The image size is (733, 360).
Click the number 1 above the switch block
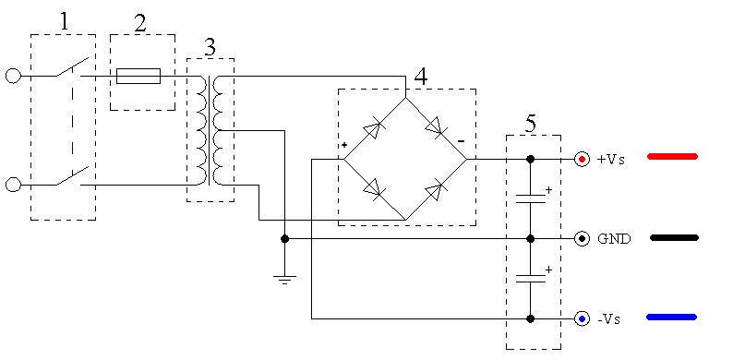pyautogui.click(x=64, y=21)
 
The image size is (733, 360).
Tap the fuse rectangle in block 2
pyautogui.click(x=138, y=76)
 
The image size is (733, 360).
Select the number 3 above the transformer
pyautogui.click(x=210, y=47)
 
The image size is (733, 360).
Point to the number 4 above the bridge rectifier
pyautogui.click(x=421, y=77)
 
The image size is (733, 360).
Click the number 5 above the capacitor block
pyautogui.click(x=531, y=124)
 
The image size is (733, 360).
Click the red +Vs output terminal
pyautogui.click(x=582, y=160)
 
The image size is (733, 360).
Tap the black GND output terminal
pyautogui.click(x=582, y=239)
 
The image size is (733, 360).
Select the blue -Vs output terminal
pyautogui.click(x=582, y=318)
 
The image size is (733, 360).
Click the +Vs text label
pyautogui.click(x=611, y=160)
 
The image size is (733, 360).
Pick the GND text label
pyautogui.click(x=614, y=239)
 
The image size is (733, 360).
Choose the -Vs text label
pyautogui.click(x=609, y=319)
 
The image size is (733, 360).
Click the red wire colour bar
pyautogui.click(x=673, y=157)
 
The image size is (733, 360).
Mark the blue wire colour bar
pyautogui.click(x=672, y=317)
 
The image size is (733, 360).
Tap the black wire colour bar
pyautogui.click(x=674, y=238)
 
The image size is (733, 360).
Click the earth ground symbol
pyautogui.click(x=284, y=279)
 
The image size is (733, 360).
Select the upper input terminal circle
pyautogui.click(x=13, y=76)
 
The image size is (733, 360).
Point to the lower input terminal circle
pyautogui.click(x=13, y=185)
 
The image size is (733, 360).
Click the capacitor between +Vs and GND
pyautogui.click(x=531, y=198)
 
